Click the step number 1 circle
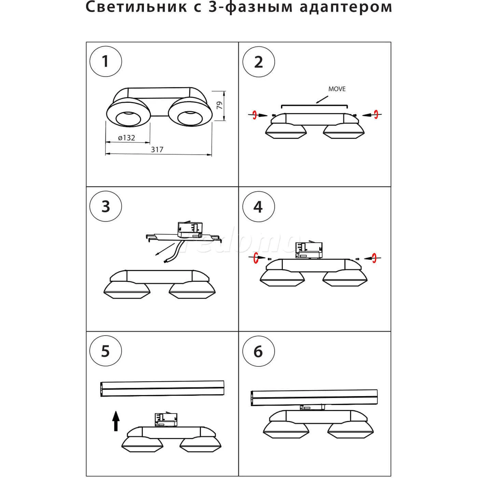tap(106, 62)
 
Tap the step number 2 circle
tap(258, 62)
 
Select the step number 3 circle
tap(106, 207)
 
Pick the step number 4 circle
tap(258, 207)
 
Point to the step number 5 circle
tap(106, 351)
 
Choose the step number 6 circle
tap(258, 351)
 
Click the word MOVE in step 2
tap(337, 89)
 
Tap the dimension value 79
tap(220, 105)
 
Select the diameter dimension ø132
tap(127, 138)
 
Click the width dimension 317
tap(157, 150)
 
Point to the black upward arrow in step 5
tap(116, 421)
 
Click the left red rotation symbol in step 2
tap(254, 115)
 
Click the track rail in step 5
tap(162, 389)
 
